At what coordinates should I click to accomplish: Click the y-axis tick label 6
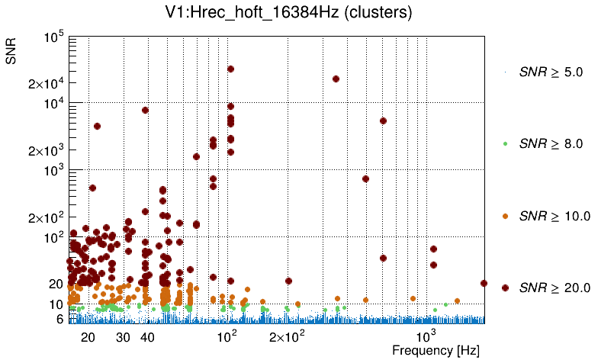[59, 319]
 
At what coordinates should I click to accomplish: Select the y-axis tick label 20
[56, 284]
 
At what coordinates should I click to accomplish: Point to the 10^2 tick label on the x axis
[227, 336]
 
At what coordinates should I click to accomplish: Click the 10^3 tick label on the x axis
[424, 336]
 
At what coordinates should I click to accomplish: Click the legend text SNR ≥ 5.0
[551, 72]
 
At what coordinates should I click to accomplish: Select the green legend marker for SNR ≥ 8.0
[505, 143]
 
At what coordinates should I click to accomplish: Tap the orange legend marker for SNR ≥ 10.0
[505, 216]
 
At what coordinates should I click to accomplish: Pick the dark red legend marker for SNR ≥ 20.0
[505, 288]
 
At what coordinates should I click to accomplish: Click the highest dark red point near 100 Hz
[230, 69]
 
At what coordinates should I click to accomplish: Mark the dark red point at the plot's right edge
[484, 283]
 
